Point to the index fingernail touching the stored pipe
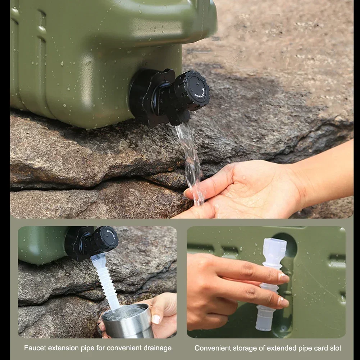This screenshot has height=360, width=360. coord(283,277)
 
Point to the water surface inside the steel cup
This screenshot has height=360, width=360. coord(124,312)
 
